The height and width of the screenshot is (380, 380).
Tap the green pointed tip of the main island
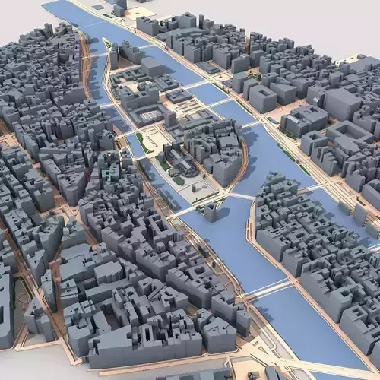[108, 44]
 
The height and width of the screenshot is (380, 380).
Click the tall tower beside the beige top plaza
[122, 6]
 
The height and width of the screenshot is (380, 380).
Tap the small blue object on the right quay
[271, 120]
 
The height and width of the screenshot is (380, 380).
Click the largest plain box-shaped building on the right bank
[262, 98]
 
